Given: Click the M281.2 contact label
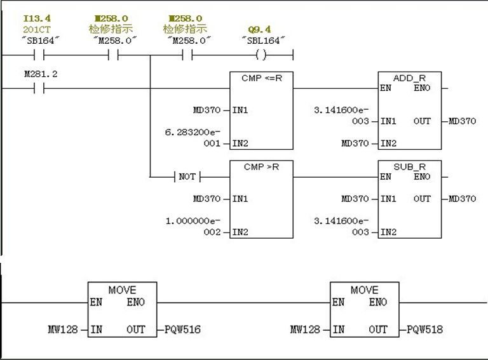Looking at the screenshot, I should (41, 74).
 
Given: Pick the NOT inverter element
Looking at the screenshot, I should (187, 177).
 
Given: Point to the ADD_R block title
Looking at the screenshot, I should (409, 77).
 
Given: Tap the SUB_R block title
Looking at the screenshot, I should (409, 166).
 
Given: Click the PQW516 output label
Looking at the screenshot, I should (182, 330).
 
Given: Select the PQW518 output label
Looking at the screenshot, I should (424, 330).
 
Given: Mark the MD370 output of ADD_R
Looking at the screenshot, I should (462, 121).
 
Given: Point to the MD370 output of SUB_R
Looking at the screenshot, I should (462, 199).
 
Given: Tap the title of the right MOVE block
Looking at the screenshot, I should (364, 290).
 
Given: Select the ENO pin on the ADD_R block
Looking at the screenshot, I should (421, 88).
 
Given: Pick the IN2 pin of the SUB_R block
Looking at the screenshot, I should (388, 232).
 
